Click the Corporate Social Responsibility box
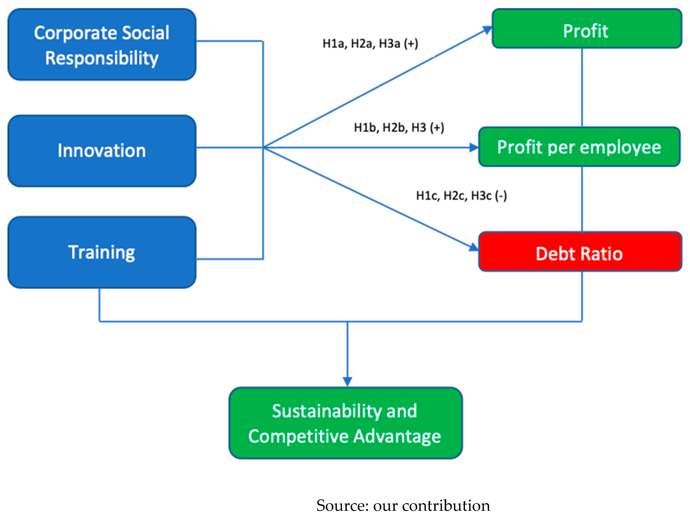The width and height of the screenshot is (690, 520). tap(102, 45)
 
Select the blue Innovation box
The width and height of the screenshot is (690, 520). tap(102, 151)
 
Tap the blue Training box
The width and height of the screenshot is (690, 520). tap(102, 252)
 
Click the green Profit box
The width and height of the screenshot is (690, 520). tap(586, 28)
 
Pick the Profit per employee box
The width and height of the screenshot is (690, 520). tap(579, 147)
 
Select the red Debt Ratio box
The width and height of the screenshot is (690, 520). tap(580, 252)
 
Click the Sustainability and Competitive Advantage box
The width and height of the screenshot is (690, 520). tap(345, 423)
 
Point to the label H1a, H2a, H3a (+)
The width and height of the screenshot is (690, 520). tap(370, 44)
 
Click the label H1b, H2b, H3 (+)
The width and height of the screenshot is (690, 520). tap(399, 127)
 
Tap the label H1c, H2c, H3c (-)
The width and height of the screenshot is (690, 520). tap(461, 196)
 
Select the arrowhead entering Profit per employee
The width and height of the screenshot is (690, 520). tap(474, 148)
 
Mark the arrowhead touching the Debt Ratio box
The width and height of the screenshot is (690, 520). tap(474, 247)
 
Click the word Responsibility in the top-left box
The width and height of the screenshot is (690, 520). tap(102, 58)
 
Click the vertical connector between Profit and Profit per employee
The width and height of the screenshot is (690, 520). tap(582, 87)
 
